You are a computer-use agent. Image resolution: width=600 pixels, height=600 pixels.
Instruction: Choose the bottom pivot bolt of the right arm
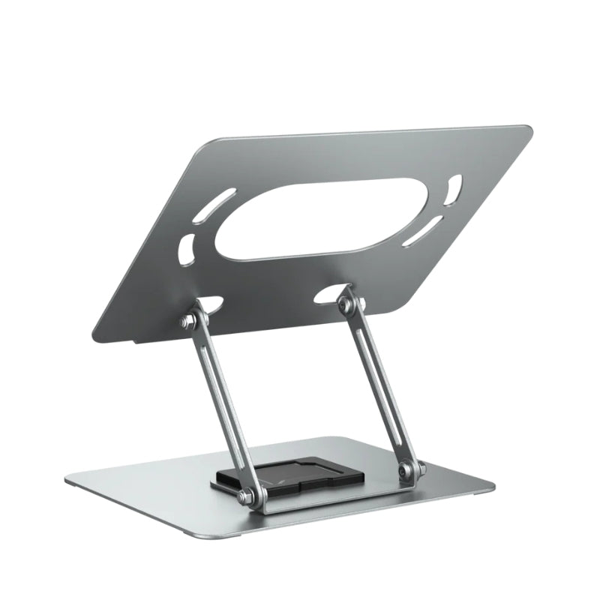[x=406, y=471]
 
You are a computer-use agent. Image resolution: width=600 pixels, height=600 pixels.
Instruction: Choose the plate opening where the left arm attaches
[x=209, y=304]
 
